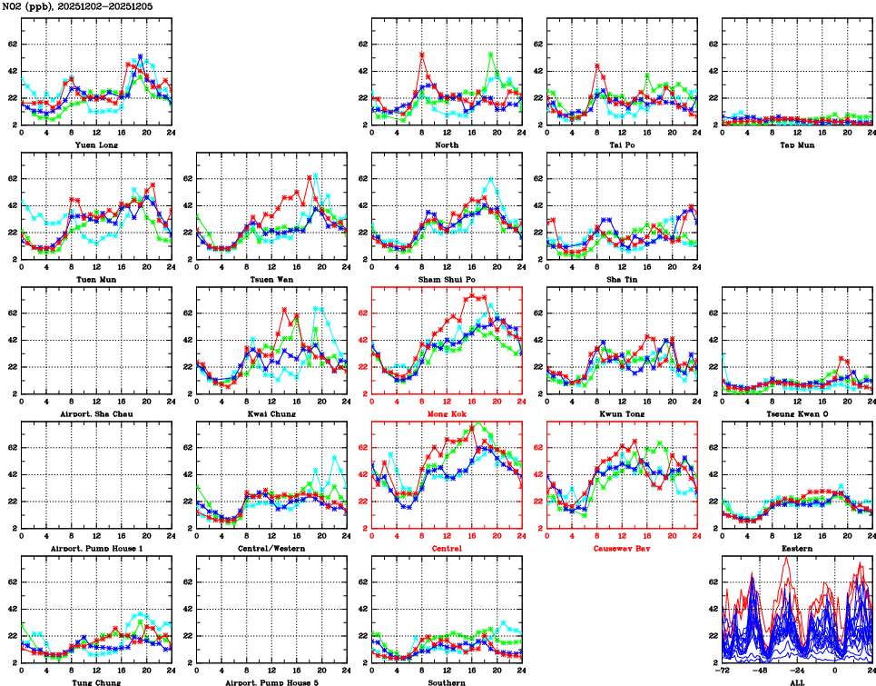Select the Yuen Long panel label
click(95, 144)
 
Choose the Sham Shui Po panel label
click(446, 279)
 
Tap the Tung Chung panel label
click(95, 681)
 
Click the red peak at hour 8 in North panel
click(422, 55)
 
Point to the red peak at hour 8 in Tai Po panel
click(597, 65)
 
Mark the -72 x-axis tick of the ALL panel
click(723, 671)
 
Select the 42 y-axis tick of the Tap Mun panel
click(714, 71)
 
